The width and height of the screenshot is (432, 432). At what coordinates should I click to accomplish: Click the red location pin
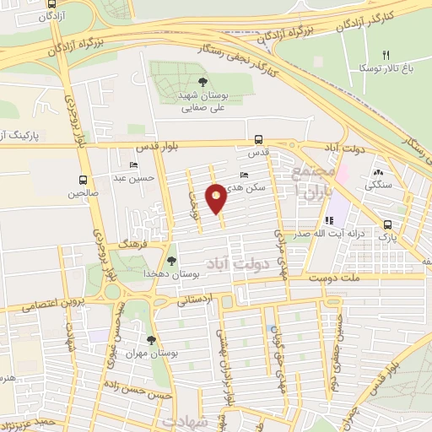click(217, 198)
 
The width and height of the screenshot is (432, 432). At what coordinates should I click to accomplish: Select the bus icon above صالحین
click(83, 180)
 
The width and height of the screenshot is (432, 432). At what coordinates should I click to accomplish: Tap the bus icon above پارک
click(387, 224)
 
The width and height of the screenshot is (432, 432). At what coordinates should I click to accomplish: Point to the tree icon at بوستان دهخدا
click(172, 261)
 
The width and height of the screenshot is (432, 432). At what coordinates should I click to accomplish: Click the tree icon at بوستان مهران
click(151, 340)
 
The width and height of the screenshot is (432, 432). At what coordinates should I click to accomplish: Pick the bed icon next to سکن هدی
click(245, 175)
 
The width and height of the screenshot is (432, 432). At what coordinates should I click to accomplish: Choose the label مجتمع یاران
click(311, 183)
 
